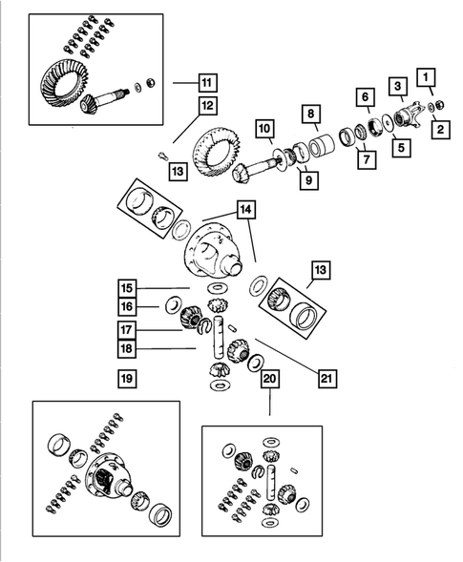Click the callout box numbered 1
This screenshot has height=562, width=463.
426,77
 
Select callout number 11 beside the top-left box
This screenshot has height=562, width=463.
207,83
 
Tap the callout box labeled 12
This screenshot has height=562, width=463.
208,105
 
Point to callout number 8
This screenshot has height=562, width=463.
311,114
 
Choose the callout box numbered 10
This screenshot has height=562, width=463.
264,129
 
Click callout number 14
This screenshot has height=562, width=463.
245,209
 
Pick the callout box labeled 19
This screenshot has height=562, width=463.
127,379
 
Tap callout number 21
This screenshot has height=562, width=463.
327,378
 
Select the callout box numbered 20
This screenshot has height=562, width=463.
270,379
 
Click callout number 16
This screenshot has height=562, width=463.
127,307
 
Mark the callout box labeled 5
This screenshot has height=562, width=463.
401,147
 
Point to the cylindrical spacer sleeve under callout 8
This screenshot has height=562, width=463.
322,146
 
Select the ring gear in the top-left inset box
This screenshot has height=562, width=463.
64,83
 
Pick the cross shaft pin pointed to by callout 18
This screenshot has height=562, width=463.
219,337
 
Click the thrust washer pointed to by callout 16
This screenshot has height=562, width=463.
173,305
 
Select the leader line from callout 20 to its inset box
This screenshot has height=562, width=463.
270,402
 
